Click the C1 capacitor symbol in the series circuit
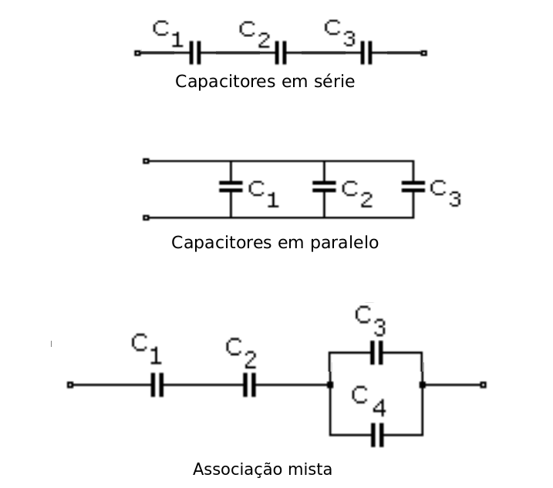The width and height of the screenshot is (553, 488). coord(195,53)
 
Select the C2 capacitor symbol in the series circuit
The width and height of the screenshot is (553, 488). coord(281,53)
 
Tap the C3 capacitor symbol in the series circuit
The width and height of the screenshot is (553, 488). coord(366,53)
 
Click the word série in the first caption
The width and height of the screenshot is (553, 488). coord(333,81)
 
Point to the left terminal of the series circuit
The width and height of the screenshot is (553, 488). coord(137,53)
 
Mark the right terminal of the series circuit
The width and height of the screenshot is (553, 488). coord(423,53)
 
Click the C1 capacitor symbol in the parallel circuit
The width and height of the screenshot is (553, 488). coord(231,186)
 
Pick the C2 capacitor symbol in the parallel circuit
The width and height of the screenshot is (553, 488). coord(324,186)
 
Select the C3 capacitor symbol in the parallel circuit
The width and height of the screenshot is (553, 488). coord(413,186)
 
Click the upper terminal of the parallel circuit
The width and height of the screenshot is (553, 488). coord(146,161)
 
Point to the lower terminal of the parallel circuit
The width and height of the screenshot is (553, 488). coord(146,218)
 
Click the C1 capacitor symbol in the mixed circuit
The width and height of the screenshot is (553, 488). coord(157,384)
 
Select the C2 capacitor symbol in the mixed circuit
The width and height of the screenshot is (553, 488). coord(249,384)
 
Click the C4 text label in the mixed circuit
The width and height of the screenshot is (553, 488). coord(366,400)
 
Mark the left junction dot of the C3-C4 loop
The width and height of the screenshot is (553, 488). coord(330,384)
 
